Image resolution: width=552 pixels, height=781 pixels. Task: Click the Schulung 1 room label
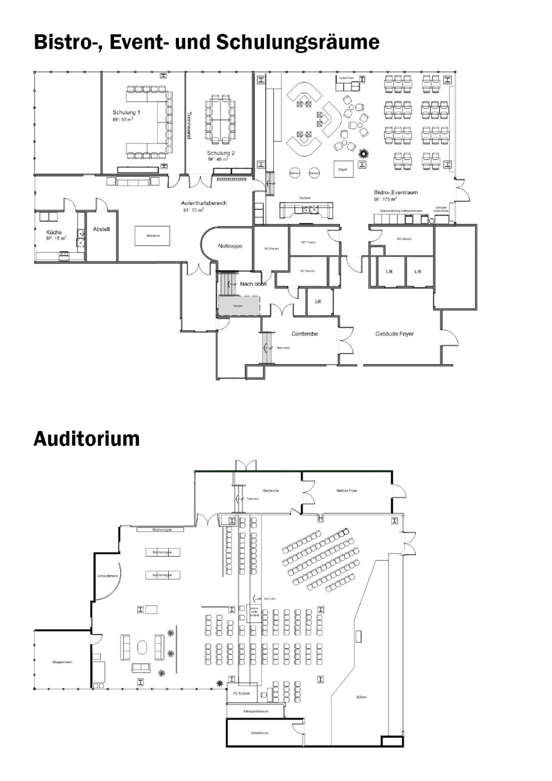pyautogui.click(x=127, y=112)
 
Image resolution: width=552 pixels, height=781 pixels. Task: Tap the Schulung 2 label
pyautogui.click(x=221, y=153)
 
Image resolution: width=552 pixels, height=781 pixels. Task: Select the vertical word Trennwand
pyautogui.click(x=189, y=125)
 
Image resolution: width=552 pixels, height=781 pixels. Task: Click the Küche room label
pyautogui.click(x=54, y=232)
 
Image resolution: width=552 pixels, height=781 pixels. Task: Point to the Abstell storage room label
pyautogui.click(x=101, y=229)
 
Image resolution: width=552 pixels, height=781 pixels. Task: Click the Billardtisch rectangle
pyautogui.click(x=152, y=236)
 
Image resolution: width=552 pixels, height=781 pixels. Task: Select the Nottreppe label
pyautogui.click(x=230, y=246)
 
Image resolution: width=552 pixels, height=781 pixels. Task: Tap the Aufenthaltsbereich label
pyautogui.click(x=203, y=203)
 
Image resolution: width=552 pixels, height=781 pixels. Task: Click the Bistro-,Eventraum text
pyautogui.click(x=395, y=192)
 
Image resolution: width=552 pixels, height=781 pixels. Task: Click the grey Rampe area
pyautogui.click(x=239, y=306)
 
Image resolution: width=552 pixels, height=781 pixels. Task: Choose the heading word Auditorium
pyautogui.click(x=86, y=439)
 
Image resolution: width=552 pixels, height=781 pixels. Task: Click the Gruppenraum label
pyautogui.click(x=62, y=662)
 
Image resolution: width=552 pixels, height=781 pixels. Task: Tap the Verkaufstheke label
pyautogui.click(x=107, y=576)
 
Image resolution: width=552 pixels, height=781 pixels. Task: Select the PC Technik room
pyautogui.click(x=241, y=693)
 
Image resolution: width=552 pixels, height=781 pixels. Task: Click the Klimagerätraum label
pyautogui.click(x=255, y=711)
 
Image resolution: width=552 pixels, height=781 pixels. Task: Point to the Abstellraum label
pyautogui.click(x=260, y=733)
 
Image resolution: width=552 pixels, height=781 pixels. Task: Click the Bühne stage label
pyautogui.click(x=361, y=697)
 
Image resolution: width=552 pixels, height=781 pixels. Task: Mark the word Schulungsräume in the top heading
pyautogui.click(x=298, y=42)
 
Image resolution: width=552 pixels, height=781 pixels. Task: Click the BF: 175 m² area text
pyautogui.click(x=385, y=199)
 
